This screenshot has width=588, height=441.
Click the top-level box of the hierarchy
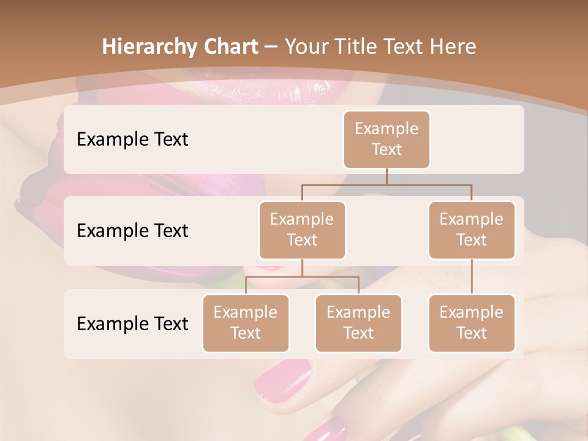(x=386, y=140)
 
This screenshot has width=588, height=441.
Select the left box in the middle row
(x=302, y=230)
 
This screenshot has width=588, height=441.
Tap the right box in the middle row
(x=472, y=230)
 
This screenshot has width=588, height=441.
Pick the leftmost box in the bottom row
(x=246, y=323)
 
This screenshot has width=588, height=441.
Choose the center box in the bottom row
(x=358, y=323)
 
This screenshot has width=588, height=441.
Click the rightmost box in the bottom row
(x=472, y=323)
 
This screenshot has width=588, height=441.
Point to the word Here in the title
(x=453, y=47)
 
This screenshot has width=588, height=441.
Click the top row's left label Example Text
(x=132, y=140)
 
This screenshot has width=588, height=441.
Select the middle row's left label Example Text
(x=132, y=231)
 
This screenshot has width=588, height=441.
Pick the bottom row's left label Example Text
(x=132, y=323)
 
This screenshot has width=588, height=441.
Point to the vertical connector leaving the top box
(x=386, y=176)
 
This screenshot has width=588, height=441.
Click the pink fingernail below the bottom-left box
(x=282, y=380)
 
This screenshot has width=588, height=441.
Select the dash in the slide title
(x=271, y=46)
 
